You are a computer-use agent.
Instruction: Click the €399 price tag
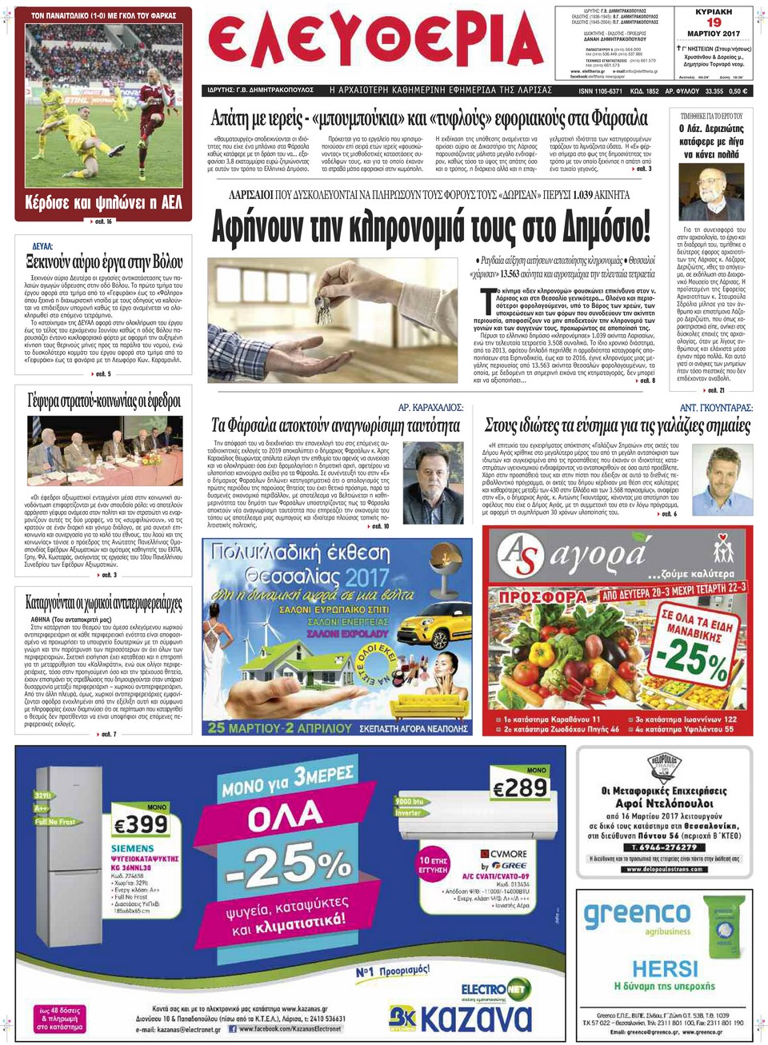pos(141,824)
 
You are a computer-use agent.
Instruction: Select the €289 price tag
pos(521,788)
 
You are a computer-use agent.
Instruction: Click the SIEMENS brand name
pos(132,848)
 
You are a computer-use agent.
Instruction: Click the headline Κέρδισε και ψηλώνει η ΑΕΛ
pos(103,202)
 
